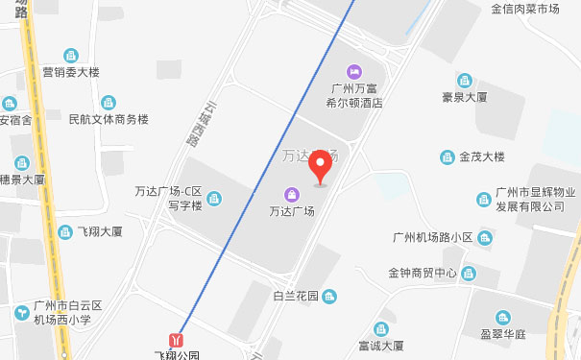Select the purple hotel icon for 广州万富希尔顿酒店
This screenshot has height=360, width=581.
[353, 71]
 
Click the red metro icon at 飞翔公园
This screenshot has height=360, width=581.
[176, 340]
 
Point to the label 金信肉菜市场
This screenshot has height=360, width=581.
[525, 10]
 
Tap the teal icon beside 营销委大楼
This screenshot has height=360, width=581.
[70, 56]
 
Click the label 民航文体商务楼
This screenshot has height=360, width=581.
[109, 120]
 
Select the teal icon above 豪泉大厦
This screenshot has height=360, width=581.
[464, 80]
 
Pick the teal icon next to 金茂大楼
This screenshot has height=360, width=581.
[447, 157]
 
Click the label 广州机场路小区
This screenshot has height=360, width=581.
[432, 237]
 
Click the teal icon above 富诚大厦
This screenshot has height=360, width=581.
[382, 328]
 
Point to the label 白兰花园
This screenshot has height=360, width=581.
[295, 295]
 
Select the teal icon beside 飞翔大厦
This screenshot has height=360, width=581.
[65, 231]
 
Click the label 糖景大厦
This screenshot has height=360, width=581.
[23, 180]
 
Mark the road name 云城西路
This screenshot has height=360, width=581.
[196, 124]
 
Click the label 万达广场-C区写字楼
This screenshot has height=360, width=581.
[168, 198]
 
